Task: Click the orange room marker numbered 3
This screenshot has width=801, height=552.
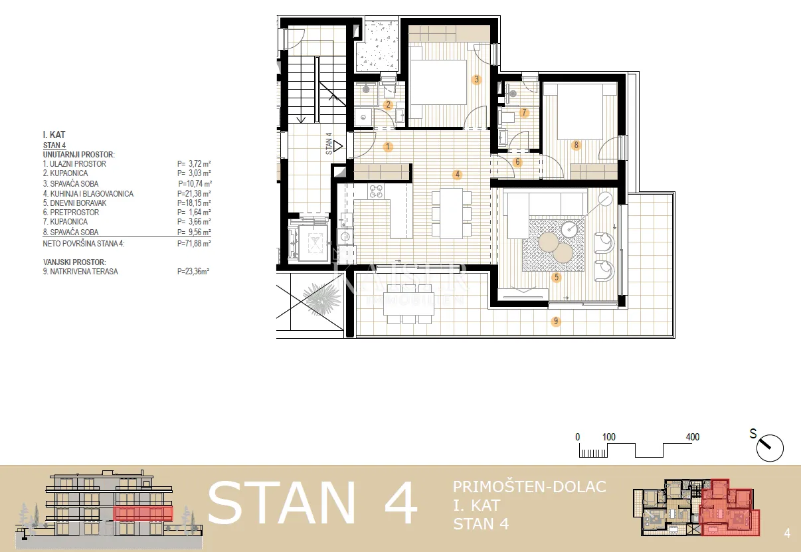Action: click(x=476, y=80)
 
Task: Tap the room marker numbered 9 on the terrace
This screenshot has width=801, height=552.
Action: click(x=556, y=322)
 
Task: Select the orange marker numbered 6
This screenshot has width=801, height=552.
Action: click(x=517, y=162)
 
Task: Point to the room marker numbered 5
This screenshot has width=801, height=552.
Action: click(x=556, y=277)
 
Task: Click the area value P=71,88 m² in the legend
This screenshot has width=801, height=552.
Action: click(x=194, y=244)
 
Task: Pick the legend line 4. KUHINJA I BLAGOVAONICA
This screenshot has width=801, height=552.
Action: click(x=88, y=194)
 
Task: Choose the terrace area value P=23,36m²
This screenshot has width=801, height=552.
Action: click(x=193, y=272)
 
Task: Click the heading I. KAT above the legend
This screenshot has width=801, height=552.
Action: click(x=54, y=135)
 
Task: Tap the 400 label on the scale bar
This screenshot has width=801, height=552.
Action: click(x=692, y=437)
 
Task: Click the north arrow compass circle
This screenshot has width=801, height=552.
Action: click(x=770, y=448)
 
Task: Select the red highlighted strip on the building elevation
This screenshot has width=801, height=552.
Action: click(x=143, y=513)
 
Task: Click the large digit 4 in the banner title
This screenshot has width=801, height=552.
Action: click(x=400, y=504)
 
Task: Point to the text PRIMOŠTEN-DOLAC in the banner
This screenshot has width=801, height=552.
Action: click(x=529, y=486)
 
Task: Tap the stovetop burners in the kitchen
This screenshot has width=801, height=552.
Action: click(x=376, y=191)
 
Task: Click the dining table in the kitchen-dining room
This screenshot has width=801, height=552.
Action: click(x=451, y=213)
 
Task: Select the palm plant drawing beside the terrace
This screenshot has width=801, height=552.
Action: click(x=321, y=299)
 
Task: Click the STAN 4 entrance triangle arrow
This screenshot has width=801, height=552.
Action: click(x=338, y=146)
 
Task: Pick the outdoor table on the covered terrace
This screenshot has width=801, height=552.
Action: click(x=408, y=304)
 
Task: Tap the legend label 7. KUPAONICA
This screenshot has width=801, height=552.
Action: click(x=65, y=222)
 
